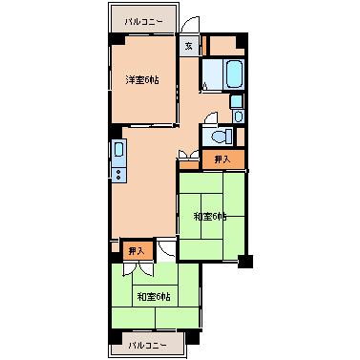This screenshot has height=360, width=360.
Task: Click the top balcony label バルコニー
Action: point(143,22)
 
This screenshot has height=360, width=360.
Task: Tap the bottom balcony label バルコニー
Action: point(147,345)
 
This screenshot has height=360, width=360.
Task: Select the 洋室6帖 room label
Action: point(142,79)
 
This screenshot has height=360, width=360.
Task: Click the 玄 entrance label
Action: point(189,46)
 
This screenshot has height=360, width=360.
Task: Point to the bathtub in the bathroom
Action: point(234,74)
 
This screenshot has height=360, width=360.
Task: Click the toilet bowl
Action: point(221,137)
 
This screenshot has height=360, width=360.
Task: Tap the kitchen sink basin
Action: point(118,150)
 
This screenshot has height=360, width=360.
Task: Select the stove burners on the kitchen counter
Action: point(118,175)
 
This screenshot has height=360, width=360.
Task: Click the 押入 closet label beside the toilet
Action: point(222,159)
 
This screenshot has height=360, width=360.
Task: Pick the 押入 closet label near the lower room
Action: point(137,251)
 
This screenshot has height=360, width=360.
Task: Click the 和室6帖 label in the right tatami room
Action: point(210,217)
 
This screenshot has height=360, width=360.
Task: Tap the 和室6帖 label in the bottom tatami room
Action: point(154,297)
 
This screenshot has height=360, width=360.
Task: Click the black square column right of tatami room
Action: point(245,262)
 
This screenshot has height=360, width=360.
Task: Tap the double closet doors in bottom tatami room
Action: point(138,268)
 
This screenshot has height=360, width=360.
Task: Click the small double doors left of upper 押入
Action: point(189,154)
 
